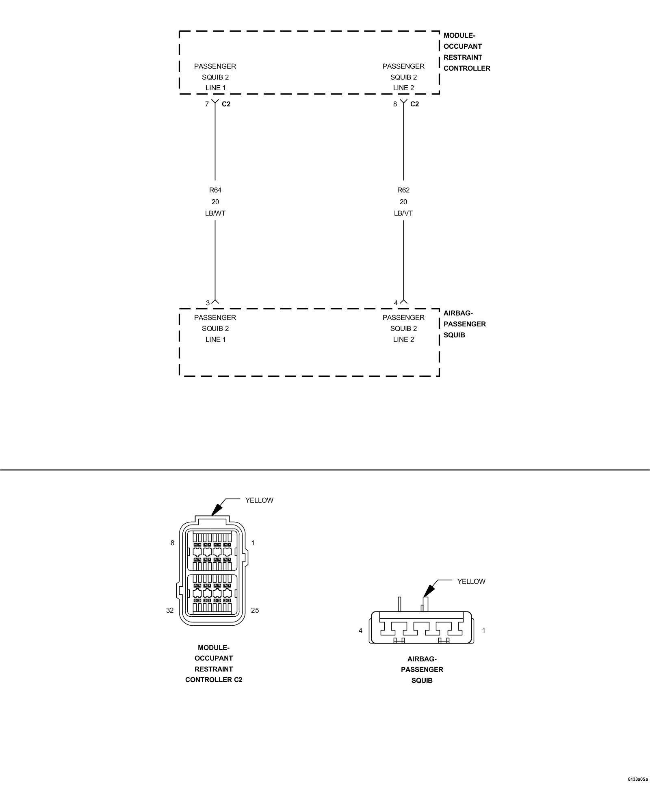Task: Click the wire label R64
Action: (215, 190)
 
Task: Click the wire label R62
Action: (403, 190)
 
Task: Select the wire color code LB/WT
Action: (215, 213)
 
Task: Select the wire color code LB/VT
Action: (403, 213)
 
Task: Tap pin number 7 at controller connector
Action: (207, 104)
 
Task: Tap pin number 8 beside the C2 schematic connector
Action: (395, 104)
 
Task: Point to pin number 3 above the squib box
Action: (208, 303)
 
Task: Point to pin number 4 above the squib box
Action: (396, 303)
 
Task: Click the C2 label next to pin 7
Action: (226, 104)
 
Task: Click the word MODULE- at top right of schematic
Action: (459, 35)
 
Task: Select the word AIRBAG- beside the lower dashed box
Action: (458, 313)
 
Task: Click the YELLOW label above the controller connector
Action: (259, 500)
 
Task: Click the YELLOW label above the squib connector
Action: (471, 581)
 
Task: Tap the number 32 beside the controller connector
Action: (170, 610)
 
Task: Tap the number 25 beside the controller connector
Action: (255, 610)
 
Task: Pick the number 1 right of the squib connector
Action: (483, 631)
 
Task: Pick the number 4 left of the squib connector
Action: (360, 631)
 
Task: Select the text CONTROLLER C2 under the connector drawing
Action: (214, 680)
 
